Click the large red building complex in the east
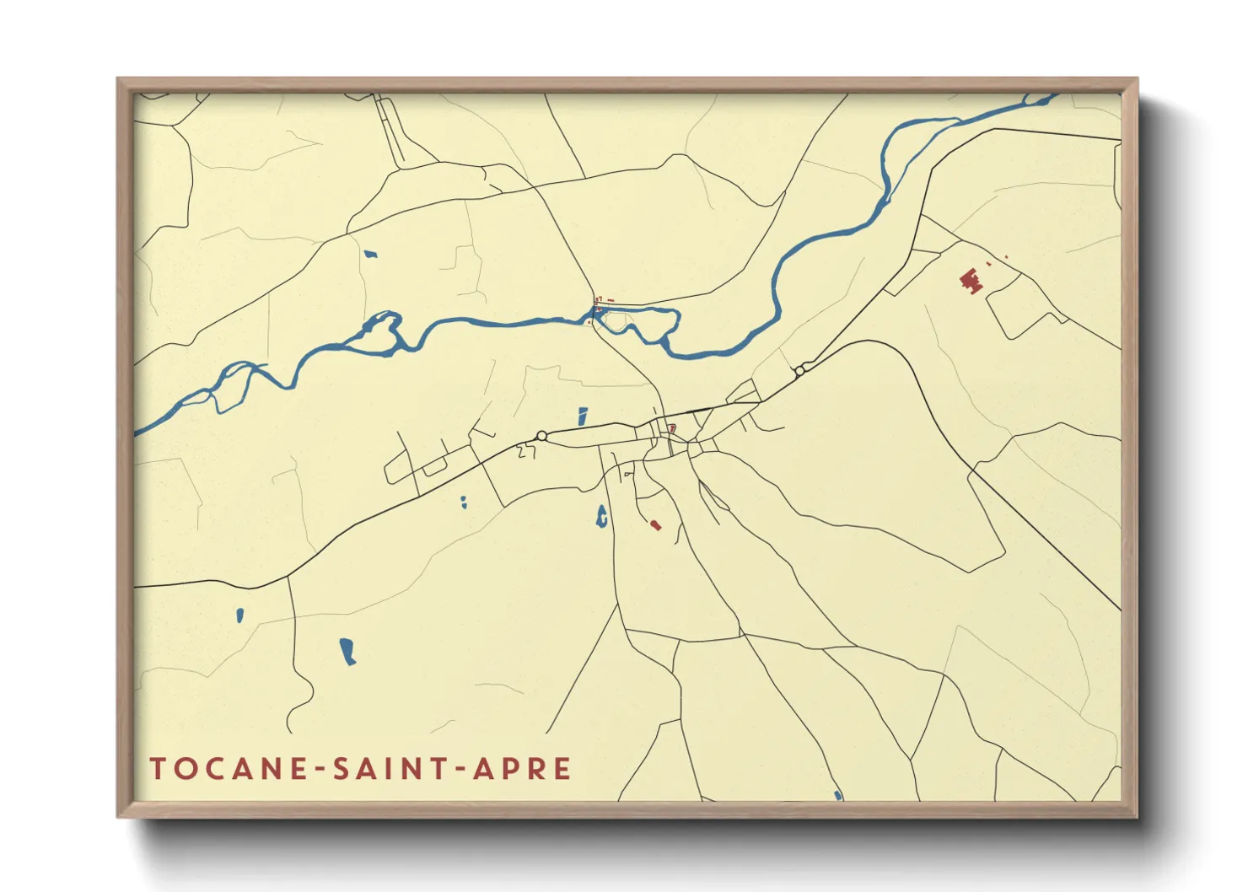pos(972,280)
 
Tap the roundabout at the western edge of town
pos(541,436)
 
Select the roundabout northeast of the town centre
pos(799,369)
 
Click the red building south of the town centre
pos(655,525)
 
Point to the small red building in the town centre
pos(672,428)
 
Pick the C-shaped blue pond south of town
pos(601,516)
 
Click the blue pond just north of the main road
pos(583,416)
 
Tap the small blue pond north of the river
pos(369,254)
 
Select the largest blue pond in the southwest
pos(347,651)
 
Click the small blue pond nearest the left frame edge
pos(240,615)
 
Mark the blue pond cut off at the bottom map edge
pos(837,795)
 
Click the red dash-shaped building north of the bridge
pos(610,300)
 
